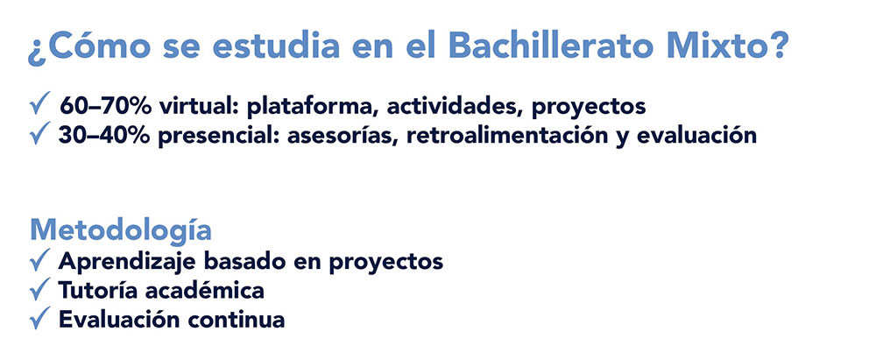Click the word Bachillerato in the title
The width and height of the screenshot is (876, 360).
tap(550, 46)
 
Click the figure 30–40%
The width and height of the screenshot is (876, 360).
tap(104, 136)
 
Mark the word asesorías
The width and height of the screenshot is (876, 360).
tap(343, 136)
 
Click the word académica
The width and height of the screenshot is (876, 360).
tap(204, 290)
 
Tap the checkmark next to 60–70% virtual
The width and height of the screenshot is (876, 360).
tap(40, 104)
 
